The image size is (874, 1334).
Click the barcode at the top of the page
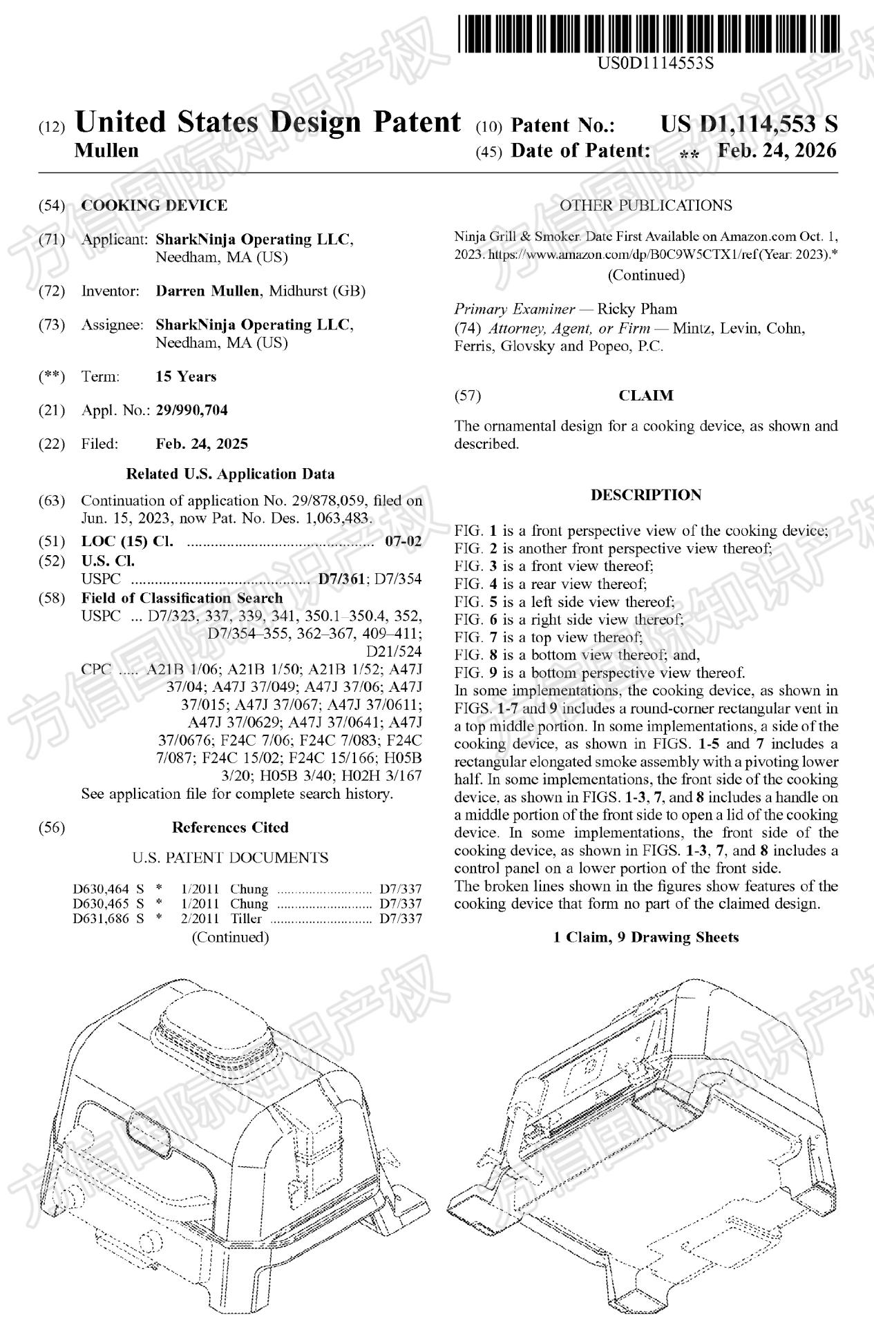point(649,26)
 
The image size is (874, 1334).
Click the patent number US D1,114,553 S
point(749,124)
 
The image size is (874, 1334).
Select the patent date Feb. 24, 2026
point(777,151)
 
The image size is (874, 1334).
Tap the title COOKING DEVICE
point(154,205)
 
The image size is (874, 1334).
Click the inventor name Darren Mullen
point(208,291)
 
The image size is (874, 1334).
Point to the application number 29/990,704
point(191,410)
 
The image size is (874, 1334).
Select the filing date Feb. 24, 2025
point(202,444)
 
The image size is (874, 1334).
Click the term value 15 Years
point(186,376)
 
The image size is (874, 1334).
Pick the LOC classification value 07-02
point(403,541)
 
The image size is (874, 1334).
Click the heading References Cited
point(230,827)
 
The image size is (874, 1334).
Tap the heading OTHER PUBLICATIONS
point(646,205)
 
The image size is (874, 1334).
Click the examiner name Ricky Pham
point(637,309)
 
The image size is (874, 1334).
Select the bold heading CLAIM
point(646,396)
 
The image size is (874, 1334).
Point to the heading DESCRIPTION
point(646,495)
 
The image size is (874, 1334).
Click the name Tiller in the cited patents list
point(246,919)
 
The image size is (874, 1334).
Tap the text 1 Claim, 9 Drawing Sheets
point(646,937)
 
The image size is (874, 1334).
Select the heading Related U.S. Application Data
point(230,474)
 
